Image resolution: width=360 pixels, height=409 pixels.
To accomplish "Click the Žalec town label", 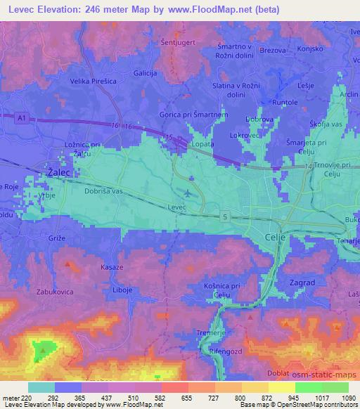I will [x=58, y=171].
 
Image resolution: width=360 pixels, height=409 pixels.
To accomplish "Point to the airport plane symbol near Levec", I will [x=187, y=193].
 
